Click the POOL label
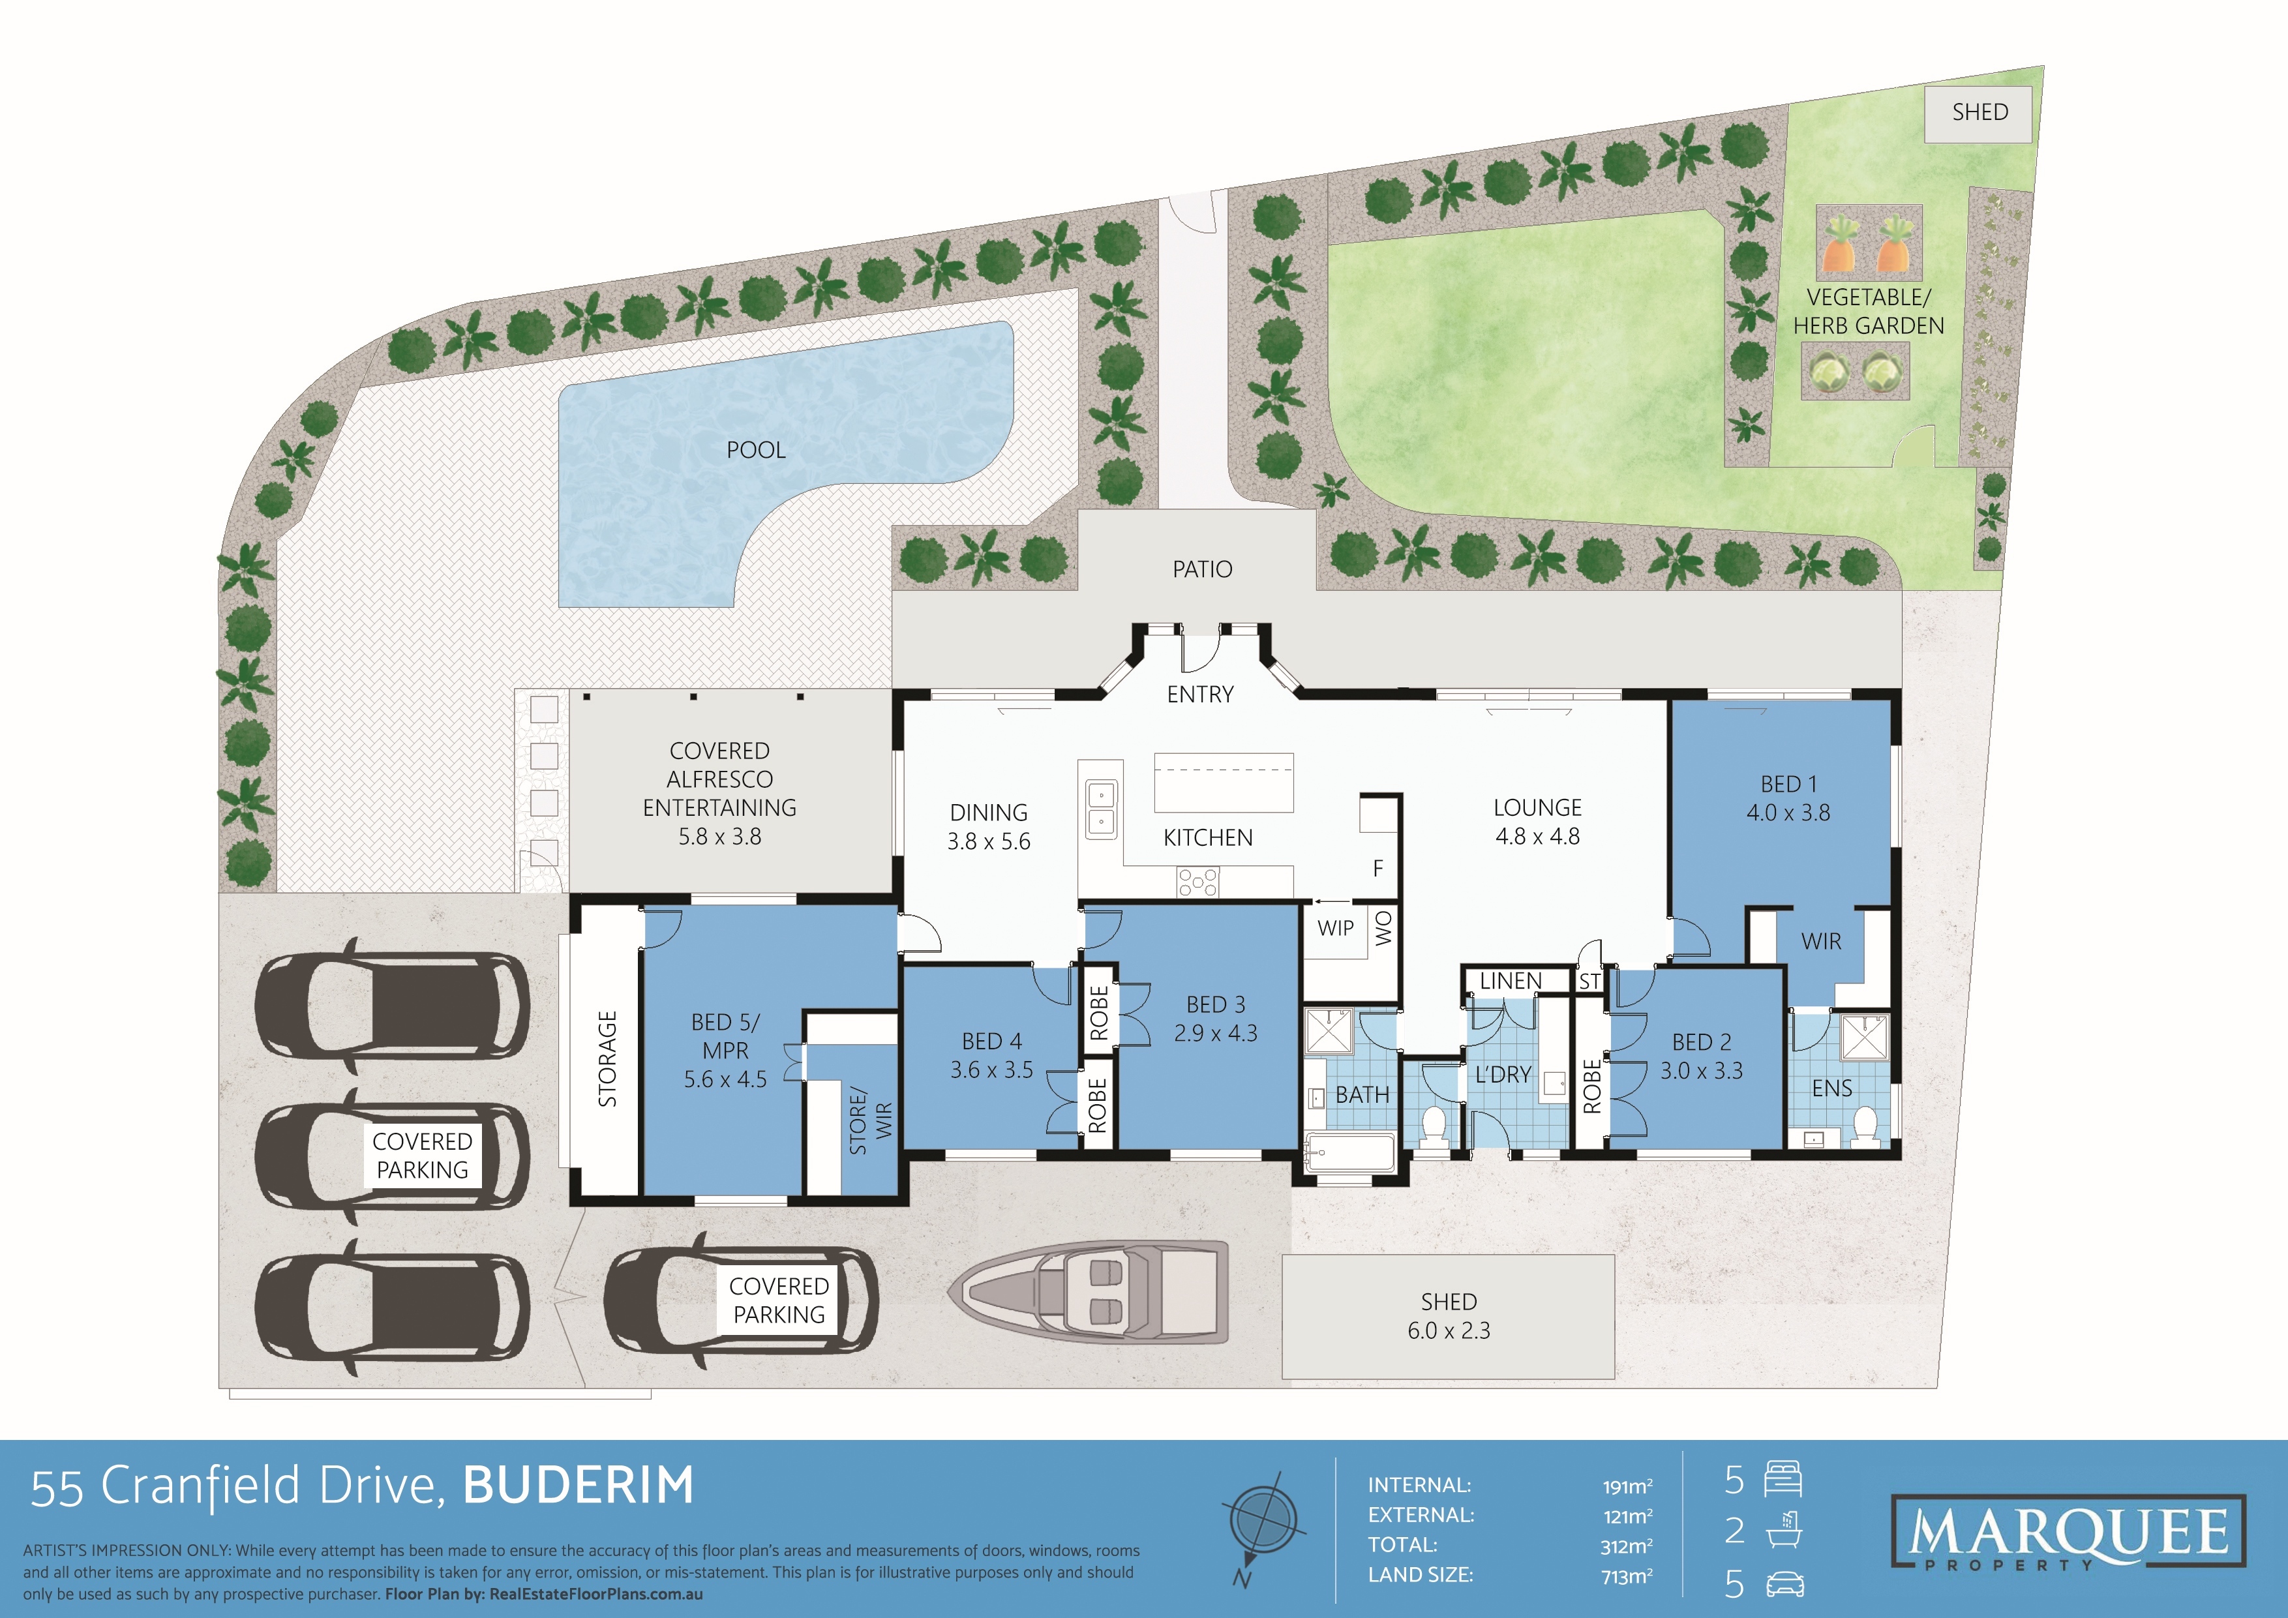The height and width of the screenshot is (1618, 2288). (755, 451)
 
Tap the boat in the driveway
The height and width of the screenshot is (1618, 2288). (1087, 1292)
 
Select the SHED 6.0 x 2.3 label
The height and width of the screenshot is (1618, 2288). (1448, 1316)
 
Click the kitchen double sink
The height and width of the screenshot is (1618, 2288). (1100, 809)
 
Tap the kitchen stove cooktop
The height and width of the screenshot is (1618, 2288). (1197, 882)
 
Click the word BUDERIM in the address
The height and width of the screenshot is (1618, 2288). (578, 1486)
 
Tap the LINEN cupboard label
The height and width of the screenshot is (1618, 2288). (1510, 981)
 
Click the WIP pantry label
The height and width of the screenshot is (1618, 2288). (1335, 929)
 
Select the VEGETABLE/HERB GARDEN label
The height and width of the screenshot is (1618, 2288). (1869, 312)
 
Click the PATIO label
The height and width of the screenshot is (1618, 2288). (1202, 570)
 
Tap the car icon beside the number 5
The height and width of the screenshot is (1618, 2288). (1784, 1584)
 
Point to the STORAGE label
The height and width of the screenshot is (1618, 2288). (607, 1059)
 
